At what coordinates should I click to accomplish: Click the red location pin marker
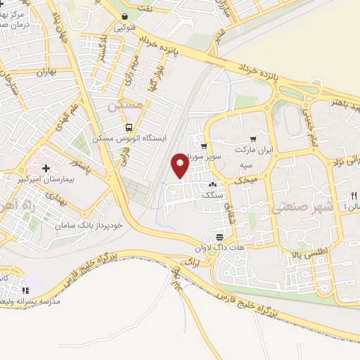pos(180,165)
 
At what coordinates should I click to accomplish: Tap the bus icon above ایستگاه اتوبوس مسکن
pos(128,128)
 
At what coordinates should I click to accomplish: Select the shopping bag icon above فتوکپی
pos(124,17)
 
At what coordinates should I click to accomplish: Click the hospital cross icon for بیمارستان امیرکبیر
pos(46,168)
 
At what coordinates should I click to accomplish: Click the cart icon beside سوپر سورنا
pos(204,147)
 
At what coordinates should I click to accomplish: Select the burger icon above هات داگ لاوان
pos(220,237)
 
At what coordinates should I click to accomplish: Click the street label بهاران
pos(43,72)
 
